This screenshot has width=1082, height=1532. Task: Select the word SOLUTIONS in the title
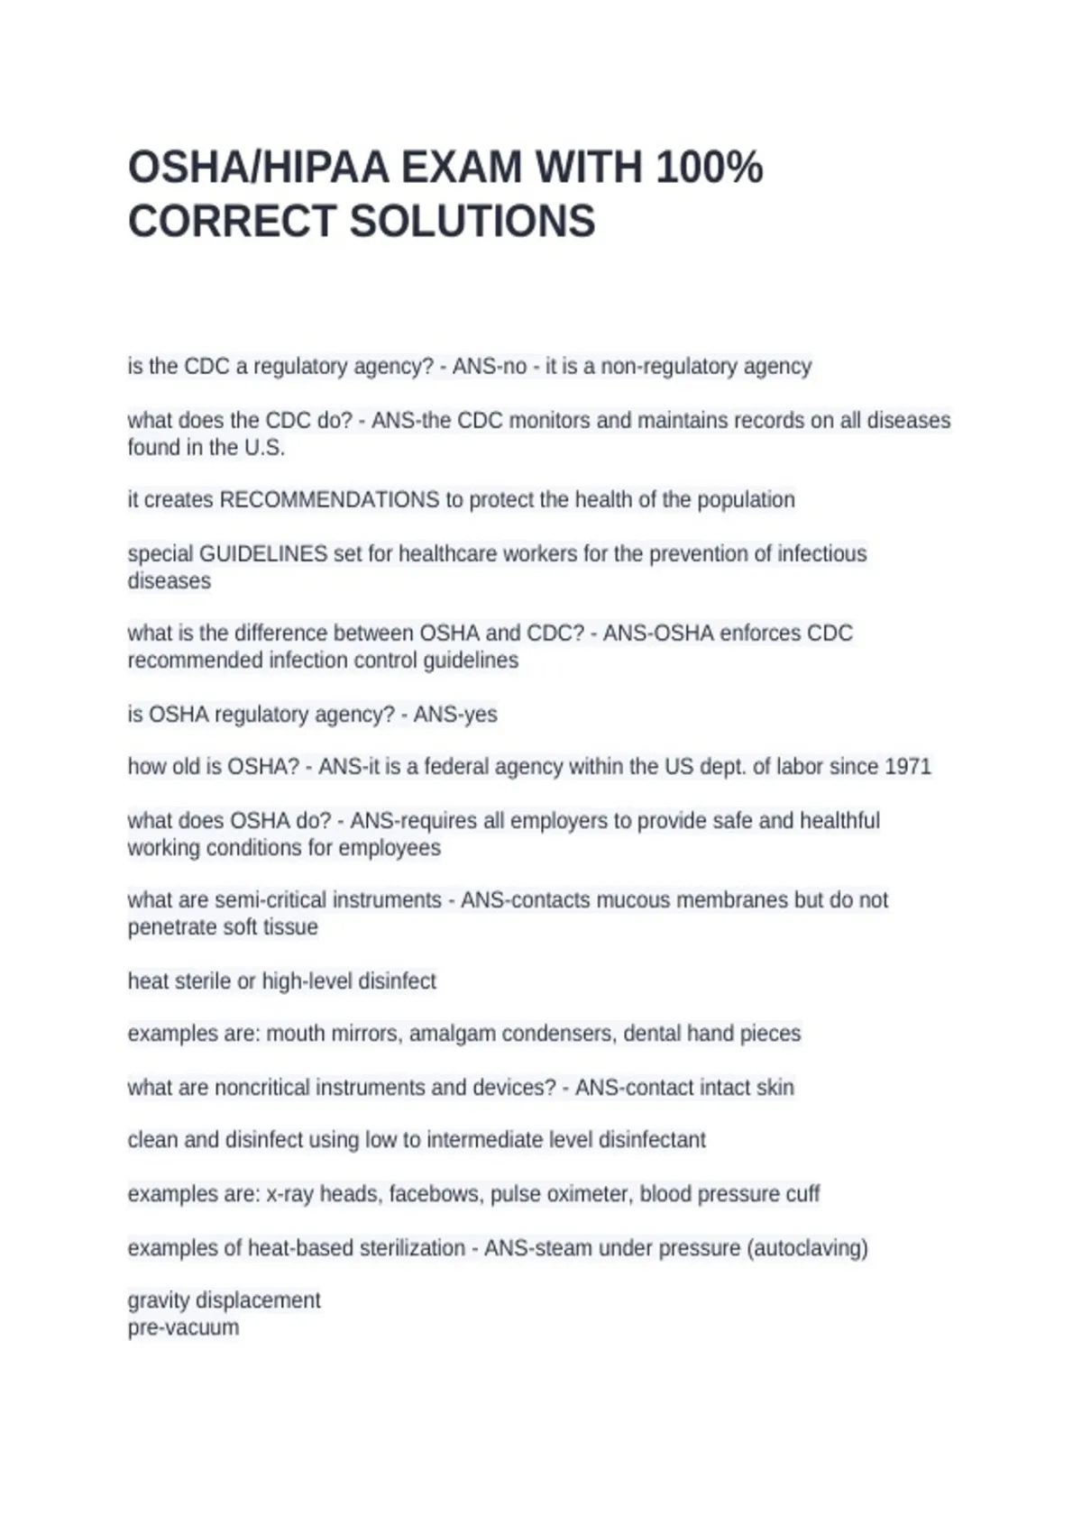pyautogui.click(x=472, y=222)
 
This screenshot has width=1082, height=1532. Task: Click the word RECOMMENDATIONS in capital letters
pyautogui.click(x=329, y=500)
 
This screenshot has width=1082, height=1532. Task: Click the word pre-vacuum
pyautogui.click(x=183, y=1327)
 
